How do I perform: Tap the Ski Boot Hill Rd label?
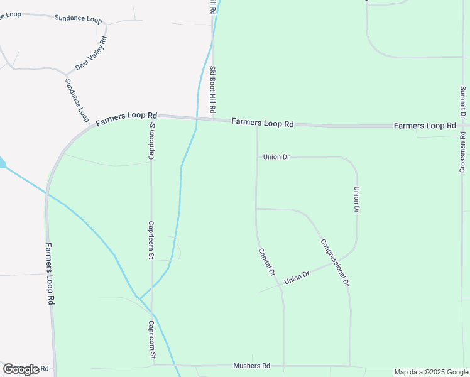coord(213,90)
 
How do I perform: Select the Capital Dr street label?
coord(267,262)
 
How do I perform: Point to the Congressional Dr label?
coord(334,263)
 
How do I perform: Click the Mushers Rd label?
coord(251,366)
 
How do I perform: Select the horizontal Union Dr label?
coord(276,156)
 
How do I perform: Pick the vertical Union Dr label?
coord(356,199)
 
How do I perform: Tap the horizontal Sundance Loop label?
coord(78,19)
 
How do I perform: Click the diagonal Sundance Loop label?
coord(77,100)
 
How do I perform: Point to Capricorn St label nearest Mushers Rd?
coord(151,340)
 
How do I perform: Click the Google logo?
coord(21,369)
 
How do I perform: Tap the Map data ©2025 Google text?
coord(432,372)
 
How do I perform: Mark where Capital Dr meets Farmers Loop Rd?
coord(256,124)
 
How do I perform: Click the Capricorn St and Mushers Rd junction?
coord(152,365)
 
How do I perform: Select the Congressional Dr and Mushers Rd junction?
coord(350,366)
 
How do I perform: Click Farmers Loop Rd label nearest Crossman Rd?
coord(425,126)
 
